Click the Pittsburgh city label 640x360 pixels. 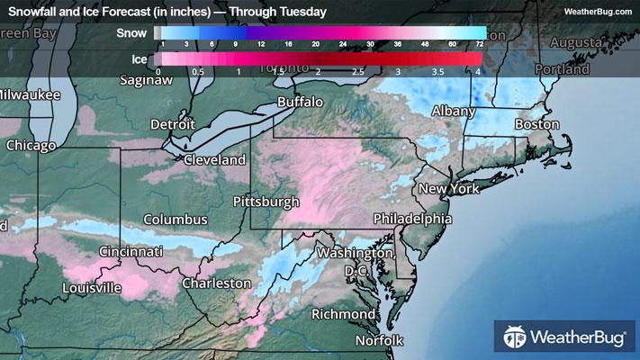tap(266, 202)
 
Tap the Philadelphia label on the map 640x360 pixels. tap(413, 219)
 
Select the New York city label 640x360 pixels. tap(447, 189)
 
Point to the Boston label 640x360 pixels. tap(536, 124)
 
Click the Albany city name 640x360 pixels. tap(450, 111)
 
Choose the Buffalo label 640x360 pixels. tap(300, 103)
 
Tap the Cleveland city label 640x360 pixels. tap(214, 159)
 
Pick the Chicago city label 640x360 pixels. tap(31, 145)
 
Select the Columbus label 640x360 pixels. tap(176, 220)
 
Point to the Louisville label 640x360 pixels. tap(92, 288)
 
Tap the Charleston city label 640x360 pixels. tap(216, 283)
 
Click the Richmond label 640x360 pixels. tap(343, 314)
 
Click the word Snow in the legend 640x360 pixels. tap(131, 32)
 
